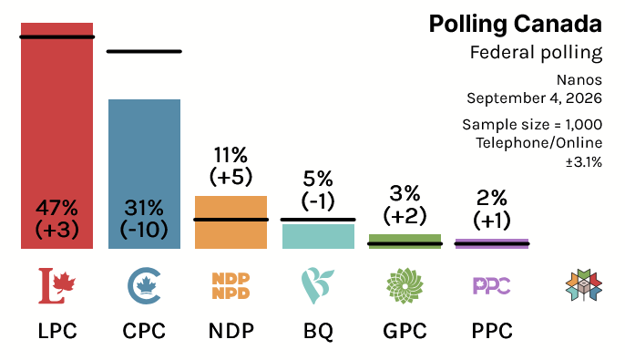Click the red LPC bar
click(x=57, y=136)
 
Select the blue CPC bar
click(x=144, y=174)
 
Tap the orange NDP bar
click(x=231, y=222)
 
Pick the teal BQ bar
click(x=318, y=236)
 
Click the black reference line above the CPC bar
click(x=144, y=51)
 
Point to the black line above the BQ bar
click(x=318, y=220)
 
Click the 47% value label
click(x=57, y=208)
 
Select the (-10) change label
click(x=144, y=230)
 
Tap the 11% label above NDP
click(x=231, y=155)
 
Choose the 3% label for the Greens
click(x=405, y=194)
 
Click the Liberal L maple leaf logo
click(x=57, y=285)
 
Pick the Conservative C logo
click(x=144, y=286)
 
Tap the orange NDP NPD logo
click(x=231, y=286)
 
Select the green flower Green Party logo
click(x=405, y=286)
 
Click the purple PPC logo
click(x=492, y=286)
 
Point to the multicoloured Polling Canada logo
click(x=584, y=285)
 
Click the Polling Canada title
click(x=516, y=25)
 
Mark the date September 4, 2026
click(x=535, y=98)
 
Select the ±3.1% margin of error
click(x=584, y=162)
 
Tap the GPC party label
click(x=405, y=331)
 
